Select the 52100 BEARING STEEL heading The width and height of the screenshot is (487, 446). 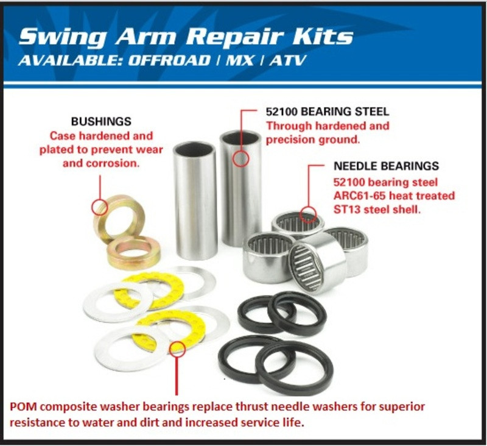[x=328, y=112]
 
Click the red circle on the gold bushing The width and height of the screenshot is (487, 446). [x=99, y=207]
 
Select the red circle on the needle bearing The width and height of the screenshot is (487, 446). [x=309, y=214]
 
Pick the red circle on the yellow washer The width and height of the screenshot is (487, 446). [x=177, y=348]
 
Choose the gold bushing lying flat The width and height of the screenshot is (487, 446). [x=134, y=253]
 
